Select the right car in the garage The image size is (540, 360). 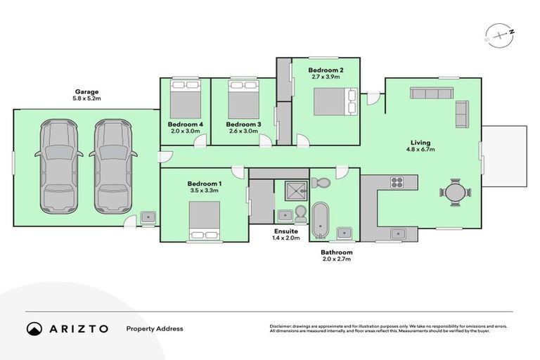tap(111, 166)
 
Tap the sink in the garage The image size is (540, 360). tap(148, 218)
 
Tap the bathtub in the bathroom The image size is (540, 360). tap(321, 220)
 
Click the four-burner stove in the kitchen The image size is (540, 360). tap(397, 182)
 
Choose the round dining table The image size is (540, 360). tap(456, 191)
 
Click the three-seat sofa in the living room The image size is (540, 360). tap(432, 93)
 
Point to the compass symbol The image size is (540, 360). tap(496, 33)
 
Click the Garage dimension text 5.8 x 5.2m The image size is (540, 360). tap(88, 99)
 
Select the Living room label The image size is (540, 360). tap(418, 142)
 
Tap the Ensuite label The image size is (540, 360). tap(286, 231)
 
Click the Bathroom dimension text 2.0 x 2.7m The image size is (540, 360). tap(336, 259)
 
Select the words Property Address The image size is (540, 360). tap(154, 328)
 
